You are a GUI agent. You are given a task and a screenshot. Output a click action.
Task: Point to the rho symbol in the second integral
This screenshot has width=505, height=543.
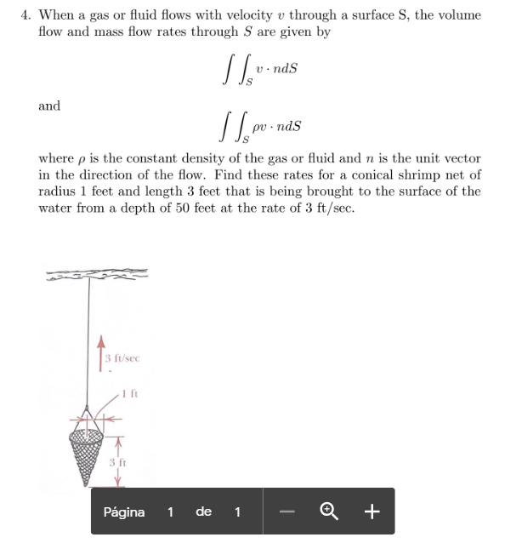(253, 126)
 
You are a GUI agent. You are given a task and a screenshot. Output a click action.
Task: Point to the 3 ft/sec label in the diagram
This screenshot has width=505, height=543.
(122, 359)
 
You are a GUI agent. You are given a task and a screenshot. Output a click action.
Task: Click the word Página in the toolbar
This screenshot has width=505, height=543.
(123, 512)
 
